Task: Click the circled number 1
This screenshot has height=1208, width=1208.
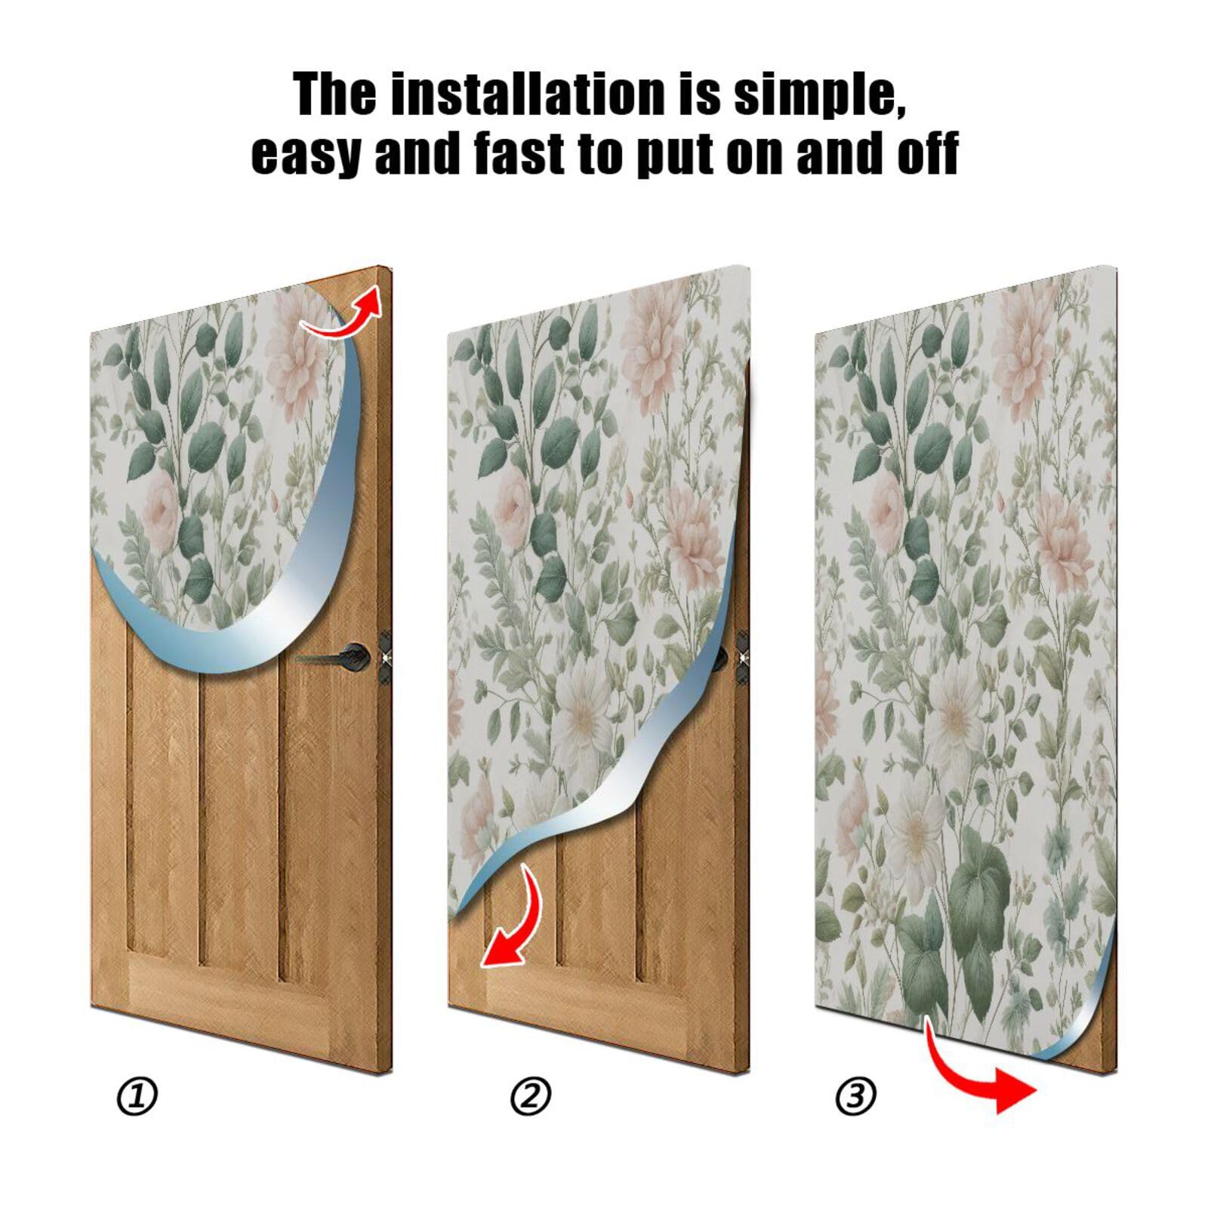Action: (x=137, y=1096)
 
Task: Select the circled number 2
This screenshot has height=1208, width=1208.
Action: (x=531, y=1096)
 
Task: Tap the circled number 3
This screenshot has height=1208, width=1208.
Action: (x=855, y=1096)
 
